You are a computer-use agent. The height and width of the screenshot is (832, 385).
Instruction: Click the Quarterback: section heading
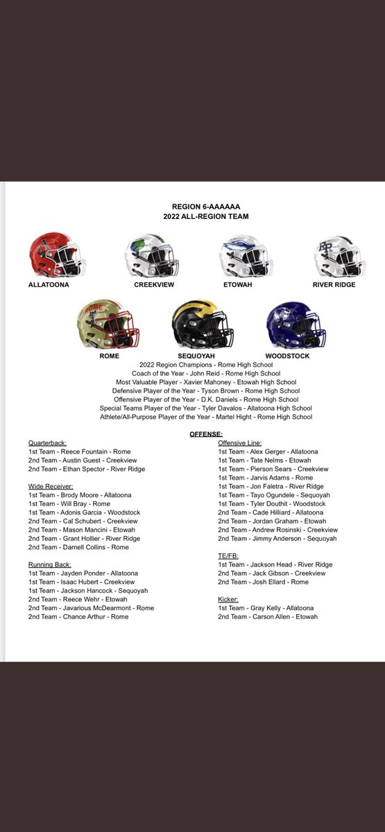[x=49, y=442]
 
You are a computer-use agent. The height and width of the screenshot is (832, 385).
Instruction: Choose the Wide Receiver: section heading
[x=51, y=486]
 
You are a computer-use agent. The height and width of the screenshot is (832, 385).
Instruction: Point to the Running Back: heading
[x=50, y=564]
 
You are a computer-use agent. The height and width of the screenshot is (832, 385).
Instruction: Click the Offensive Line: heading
[x=240, y=442]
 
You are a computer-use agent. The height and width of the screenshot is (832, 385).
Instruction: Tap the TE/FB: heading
[x=230, y=555]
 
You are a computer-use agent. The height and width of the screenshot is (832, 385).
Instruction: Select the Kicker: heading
[x=228, y=599]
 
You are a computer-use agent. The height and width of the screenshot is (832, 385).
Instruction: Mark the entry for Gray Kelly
[x=265, y=608]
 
